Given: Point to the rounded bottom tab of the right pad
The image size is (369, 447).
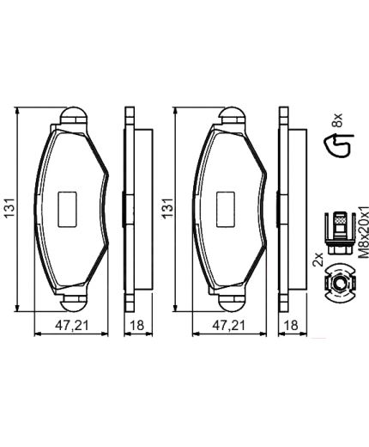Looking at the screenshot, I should point(230,301).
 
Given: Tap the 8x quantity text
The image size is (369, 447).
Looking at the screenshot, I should point(337,117).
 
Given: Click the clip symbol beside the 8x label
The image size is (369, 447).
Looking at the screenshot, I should point(338,147).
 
